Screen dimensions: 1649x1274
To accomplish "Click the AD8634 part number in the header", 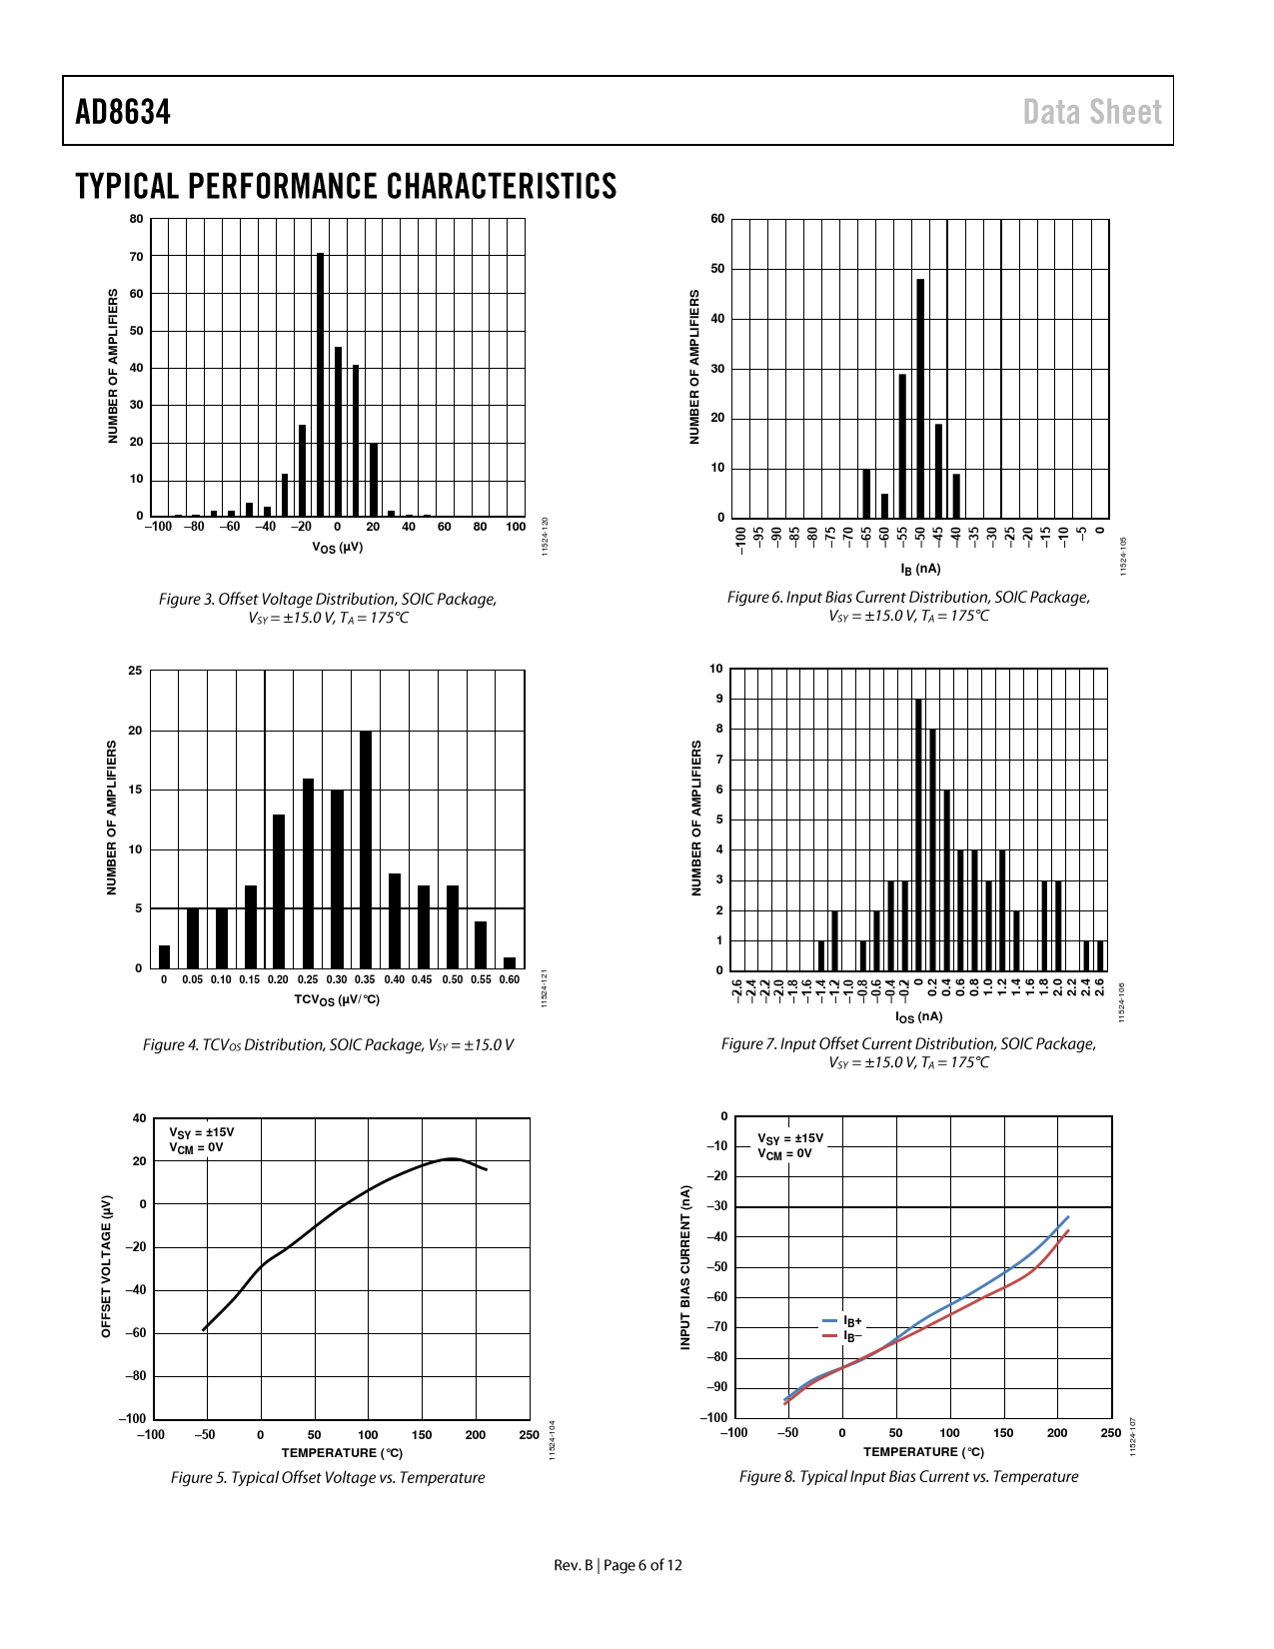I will click(123, 112).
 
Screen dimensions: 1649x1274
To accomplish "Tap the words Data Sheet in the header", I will click(1092, 112).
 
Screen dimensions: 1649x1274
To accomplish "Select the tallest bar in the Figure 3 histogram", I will click(320, 385).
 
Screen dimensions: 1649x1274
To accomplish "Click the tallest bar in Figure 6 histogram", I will click(920, 398).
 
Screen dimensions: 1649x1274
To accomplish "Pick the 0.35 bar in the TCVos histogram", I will click(366, 849).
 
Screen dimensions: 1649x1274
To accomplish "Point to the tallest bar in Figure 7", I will click(918, 834).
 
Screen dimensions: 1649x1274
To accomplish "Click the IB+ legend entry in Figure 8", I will click(843, 1321).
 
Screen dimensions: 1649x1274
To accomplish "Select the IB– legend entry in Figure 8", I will click(843, 1335).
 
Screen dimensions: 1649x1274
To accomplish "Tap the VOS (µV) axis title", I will click(338, 548).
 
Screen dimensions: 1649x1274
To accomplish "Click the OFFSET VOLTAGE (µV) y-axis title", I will click(107, 1266).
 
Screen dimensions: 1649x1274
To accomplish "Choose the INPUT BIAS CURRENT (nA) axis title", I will click(685, 1267).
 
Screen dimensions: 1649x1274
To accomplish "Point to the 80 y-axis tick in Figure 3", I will click(137, 219).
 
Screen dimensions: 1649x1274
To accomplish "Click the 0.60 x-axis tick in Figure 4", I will click(510, 979).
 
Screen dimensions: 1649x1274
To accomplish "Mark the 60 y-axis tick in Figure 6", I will click(717, 219).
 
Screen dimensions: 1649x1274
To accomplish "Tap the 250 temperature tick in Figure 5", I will click(530, 1435).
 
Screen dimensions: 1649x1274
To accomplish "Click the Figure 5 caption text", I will click(328, 1477).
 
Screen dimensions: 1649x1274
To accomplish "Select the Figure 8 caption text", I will click(908, 1476).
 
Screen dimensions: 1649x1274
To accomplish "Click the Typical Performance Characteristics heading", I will click(346, 187).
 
